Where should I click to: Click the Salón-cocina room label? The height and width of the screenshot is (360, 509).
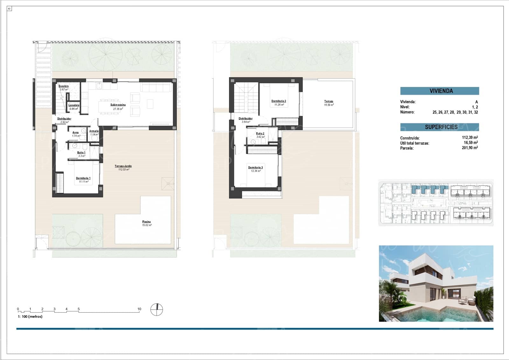coord(118,105)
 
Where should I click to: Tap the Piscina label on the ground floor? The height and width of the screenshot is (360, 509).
coord(146,222)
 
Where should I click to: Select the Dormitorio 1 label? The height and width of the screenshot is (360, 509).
coord(83,178)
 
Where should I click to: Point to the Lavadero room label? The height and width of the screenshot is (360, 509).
coord(74,105)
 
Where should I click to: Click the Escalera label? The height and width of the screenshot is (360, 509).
coord(64,86)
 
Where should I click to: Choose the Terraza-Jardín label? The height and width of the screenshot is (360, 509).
coord(123,166)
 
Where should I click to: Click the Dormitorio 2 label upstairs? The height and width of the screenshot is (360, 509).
coord(279,101)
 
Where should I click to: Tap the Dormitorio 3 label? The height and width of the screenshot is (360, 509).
coord(255,167)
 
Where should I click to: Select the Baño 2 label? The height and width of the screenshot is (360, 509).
coord(260,134)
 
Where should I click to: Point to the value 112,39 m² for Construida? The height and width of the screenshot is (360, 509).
coord(470,138)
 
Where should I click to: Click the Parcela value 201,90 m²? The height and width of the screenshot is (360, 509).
coord(470,148)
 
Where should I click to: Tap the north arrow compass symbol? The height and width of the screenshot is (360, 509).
coord(157,309)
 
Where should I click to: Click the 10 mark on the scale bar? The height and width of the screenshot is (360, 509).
coord(139,309)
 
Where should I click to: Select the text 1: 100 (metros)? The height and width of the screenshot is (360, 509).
coord(30,316)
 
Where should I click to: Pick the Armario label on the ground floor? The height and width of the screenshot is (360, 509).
coord(94,131)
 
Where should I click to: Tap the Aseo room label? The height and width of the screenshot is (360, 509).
coord(75,132)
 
